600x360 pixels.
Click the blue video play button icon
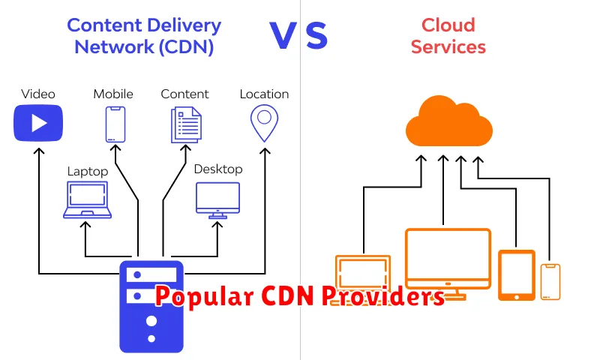pyautogui.click(x=38, y=123)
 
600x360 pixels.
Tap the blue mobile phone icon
pyautogui.click(x=114, y=124)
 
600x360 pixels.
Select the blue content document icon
pyautogui.click(x=185, y=124)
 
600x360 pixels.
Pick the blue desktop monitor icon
pyautogui.click(x=217, y=199)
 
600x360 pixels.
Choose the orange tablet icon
pyautogui.click(x=517, y=274)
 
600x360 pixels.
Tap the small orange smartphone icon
pyautogui.click(x=550, y=281)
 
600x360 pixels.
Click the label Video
pyautogui.click(x=38, y=94)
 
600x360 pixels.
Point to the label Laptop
pyautogui.click(x=88, y=172)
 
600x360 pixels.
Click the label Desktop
pyautogui.click(x=217, y=169)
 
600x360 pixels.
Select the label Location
pyautogui.click(x=264, y=94)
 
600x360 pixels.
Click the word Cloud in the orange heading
pyautogui.click(x=448, y=25)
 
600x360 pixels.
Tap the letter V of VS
pyautogui.click(x=283, y=37)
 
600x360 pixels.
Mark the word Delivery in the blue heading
pyautogui.click(x=186, y=25)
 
